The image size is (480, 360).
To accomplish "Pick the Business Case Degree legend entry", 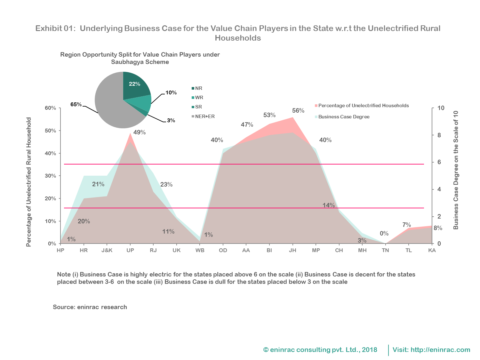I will coord(344,117).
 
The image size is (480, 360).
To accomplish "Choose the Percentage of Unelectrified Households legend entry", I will coord(364,106).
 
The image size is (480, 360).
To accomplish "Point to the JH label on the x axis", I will coord(292,250).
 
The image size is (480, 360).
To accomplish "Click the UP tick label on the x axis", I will coord(130,250).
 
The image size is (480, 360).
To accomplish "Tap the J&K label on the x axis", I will coord(107,250).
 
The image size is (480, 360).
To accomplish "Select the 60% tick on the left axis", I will coord(51,108).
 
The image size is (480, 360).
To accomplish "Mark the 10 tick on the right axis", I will coord(441,108).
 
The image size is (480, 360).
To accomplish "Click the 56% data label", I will coord(298,111).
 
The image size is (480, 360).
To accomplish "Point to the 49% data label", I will coord(140,132).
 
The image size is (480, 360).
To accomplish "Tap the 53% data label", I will coord(269,115).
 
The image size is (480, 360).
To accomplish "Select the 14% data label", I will coord(329,205).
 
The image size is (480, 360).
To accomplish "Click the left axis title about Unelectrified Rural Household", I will coord(29,182).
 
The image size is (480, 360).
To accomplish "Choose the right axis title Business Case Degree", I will coord(456,170).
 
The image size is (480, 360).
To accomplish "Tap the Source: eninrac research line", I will coord(90,307).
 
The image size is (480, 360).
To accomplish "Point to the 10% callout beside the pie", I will coord(171,93).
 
